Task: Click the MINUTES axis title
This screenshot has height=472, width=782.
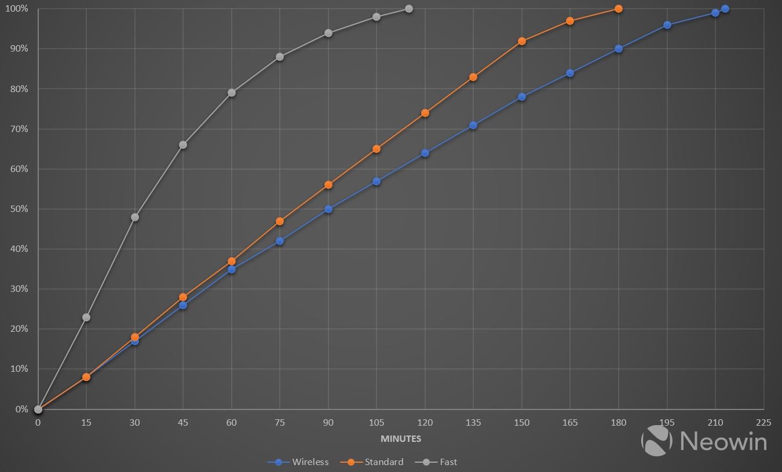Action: pyautogui.click(x=401, y=439)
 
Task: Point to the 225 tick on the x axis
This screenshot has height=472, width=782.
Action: pyautogui.click(x=763, y=423)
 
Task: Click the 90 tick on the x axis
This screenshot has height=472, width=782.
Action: pyautogui.click(x=328, y=423)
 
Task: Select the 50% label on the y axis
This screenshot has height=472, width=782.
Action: pyautogui.click(x=18, y=209)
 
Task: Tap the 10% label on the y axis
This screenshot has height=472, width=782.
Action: pyautogui.click(x=18, y=369)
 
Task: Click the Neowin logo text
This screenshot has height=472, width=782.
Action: pyautogui.click(x=723, y=441)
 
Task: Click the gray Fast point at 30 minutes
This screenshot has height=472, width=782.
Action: pyautogui.click(x=135, y=217)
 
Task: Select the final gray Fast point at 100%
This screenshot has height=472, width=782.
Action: pyautogui.click(x=409, y=9)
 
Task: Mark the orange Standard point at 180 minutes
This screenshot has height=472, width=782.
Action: pyautogui.click(x=619, y=9)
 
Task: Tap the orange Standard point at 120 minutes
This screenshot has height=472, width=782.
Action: pyautogui.click(x=425, y=113)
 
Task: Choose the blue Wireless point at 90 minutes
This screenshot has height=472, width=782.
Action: pyautogui.click(x=328, y=209)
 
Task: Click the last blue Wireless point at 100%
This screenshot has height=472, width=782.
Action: pyautogui.click(x=725, y=9)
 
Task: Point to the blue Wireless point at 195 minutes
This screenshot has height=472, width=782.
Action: pyautogui.click(x=667, y=25)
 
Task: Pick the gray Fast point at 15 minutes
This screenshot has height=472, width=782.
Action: pyautogui.click(x=86, y=317)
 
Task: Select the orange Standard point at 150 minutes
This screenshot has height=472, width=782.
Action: pyautogui.click(x=522, y=41)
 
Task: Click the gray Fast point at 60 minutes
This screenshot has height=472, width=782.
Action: pyautogui.click(x=232, y=93)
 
